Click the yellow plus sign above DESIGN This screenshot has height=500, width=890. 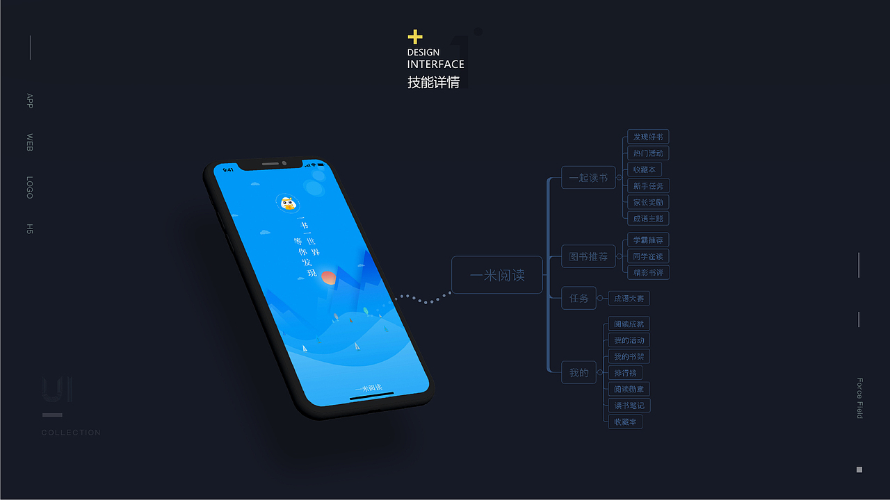point(415,37)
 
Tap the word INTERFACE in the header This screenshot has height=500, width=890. point(435,65)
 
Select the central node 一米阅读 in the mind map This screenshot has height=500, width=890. point(496,275)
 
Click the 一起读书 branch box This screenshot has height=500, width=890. point(588,178)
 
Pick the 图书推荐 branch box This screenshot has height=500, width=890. point(588,257)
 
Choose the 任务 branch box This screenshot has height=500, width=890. point(578,299)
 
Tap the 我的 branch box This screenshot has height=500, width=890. point(578,373)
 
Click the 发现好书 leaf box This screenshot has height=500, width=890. point(648,137)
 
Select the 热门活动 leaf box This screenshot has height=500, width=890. point(648,153)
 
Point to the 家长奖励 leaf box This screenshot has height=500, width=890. point(648,202)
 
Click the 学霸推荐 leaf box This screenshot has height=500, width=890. point(648,240)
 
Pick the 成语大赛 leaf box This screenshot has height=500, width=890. point(629,299)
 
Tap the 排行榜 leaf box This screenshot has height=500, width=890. point(624,373)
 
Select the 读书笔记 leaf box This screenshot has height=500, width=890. point(629,406)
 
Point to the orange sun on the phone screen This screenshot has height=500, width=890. point(329,278)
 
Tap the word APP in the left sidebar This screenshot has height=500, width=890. point(30,101)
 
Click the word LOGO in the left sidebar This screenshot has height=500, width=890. point(30,187)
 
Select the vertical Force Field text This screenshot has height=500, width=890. point(859,398)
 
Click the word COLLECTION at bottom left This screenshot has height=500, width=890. point(71,433)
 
